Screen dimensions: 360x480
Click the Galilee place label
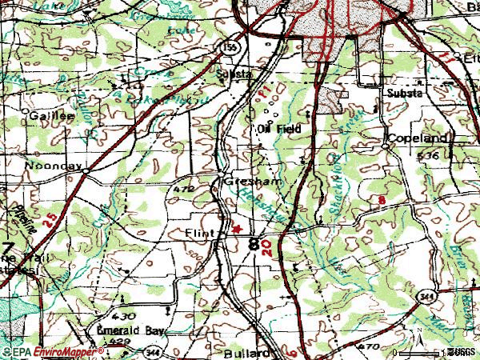click(52, 115)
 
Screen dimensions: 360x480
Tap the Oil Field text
click(278, 128)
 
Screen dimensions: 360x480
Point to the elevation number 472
click(184, 190)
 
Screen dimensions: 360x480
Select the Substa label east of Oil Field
click(404, 92)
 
